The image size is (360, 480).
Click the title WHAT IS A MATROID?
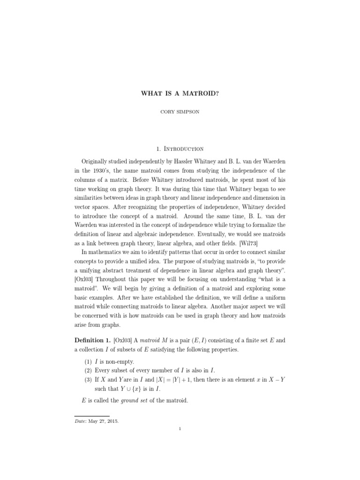point(180,93)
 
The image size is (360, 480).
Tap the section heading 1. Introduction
point(180,149)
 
